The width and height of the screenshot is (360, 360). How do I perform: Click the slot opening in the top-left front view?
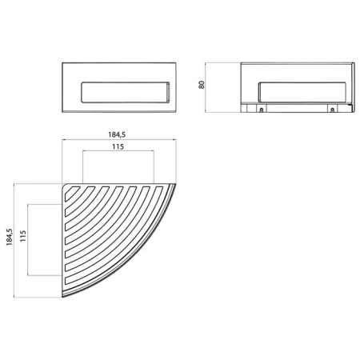click(120, 94)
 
